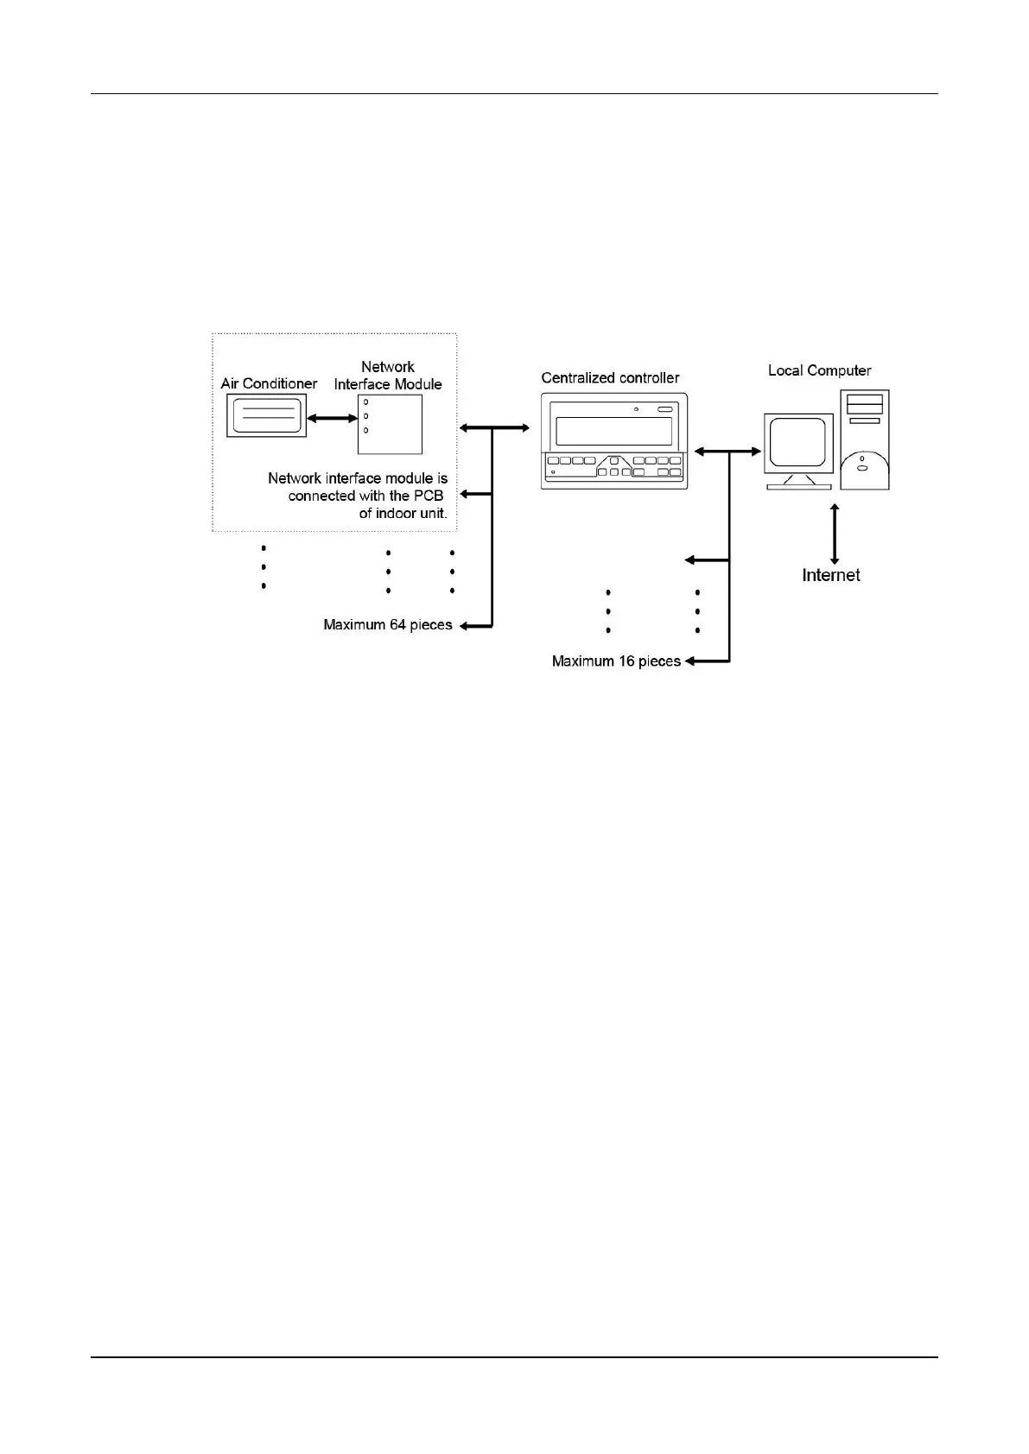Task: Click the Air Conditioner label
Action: (269, 383)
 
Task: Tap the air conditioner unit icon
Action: (266, 416)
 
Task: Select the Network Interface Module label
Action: (388, 376)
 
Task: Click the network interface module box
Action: (391, 424)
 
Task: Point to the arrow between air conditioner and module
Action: (332, 419)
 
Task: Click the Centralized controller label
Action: (610, 377)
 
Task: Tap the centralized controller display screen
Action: (614, 431)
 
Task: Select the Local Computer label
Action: (819, 370)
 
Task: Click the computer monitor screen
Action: (798, 443)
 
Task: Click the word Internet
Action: (831, 575)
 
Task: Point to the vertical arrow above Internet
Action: (835, 534)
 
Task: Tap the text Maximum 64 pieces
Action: (388, 624)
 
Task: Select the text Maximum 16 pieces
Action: (616, 661)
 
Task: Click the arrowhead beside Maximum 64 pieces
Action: (464, 625)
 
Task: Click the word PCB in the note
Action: (429, 496)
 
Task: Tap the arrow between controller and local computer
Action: (728, 451)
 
